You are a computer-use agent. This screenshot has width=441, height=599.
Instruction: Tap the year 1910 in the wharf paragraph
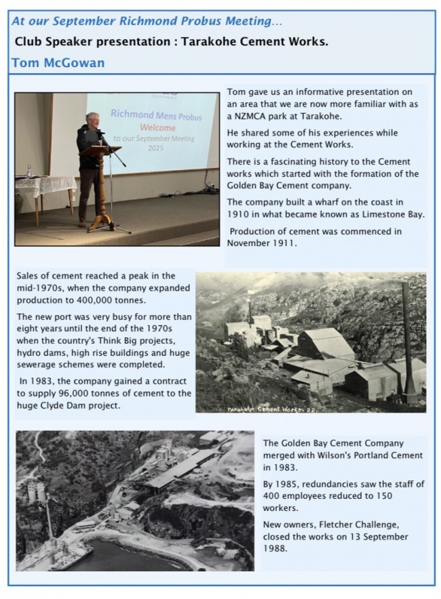[239, 214]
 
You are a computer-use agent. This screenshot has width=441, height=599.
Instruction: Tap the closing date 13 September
[372, 537]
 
